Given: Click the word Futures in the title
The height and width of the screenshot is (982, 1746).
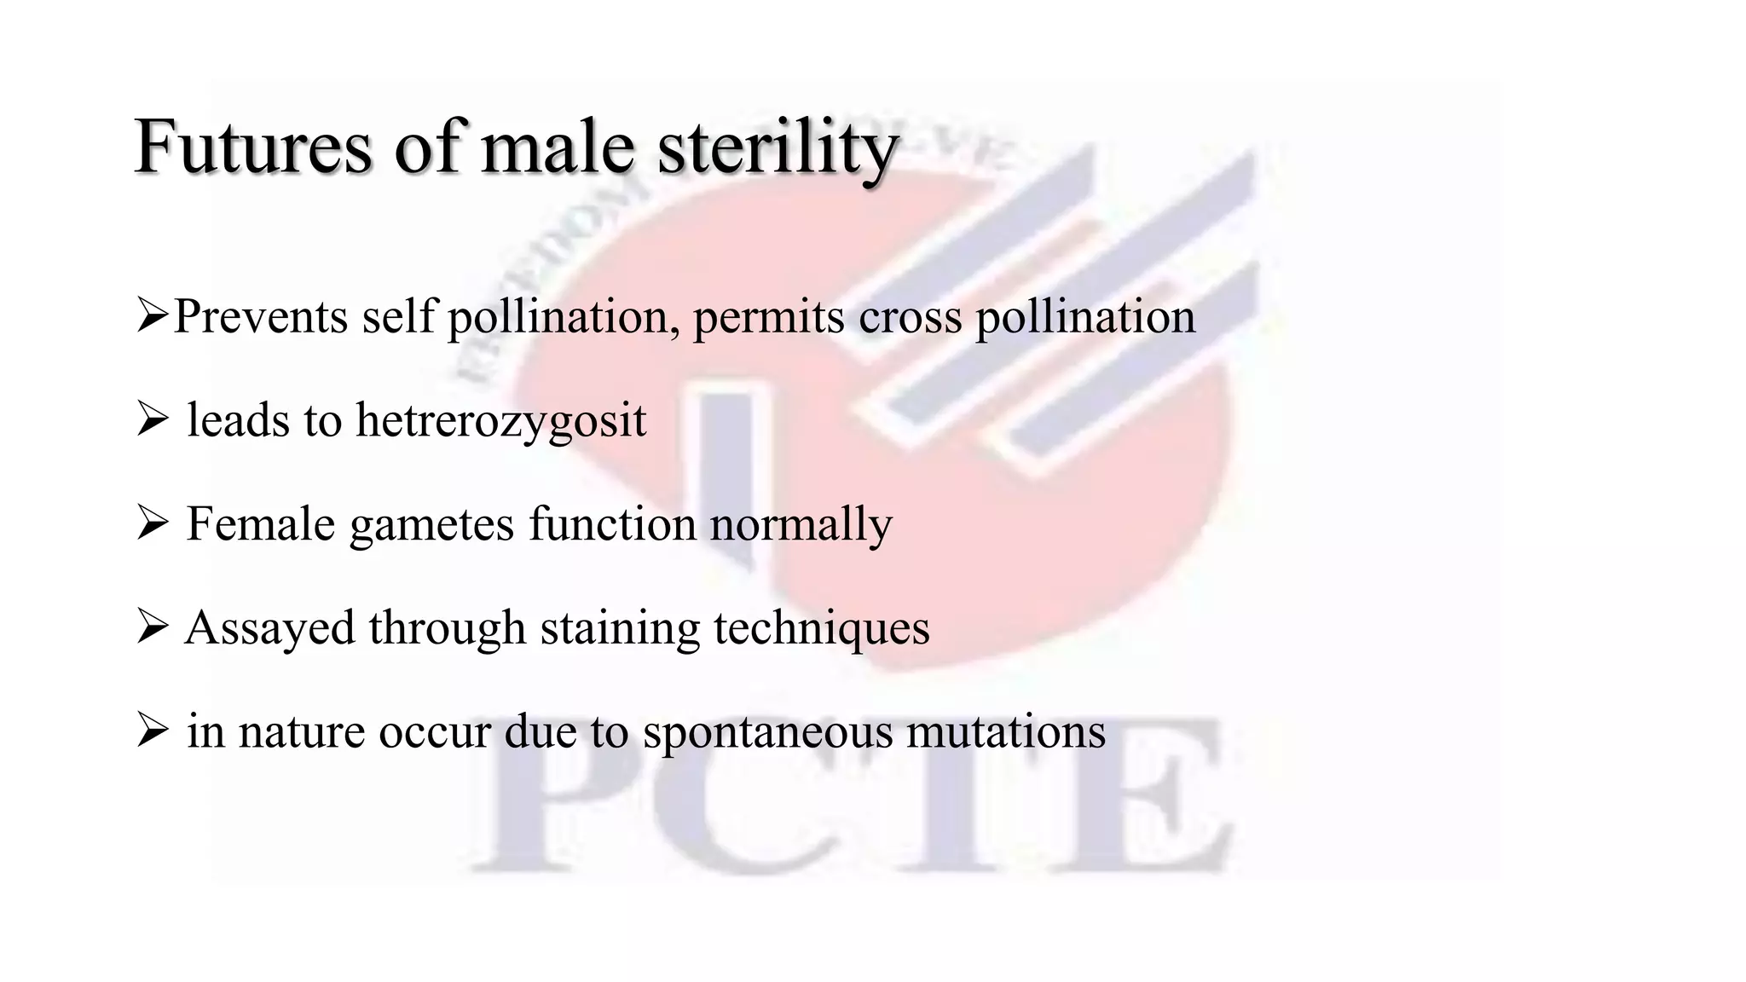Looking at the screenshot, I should [253, 147].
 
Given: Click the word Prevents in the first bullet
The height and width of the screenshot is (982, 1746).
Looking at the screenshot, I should [260, 316].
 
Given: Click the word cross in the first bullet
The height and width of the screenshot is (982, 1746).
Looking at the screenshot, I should [910, 316].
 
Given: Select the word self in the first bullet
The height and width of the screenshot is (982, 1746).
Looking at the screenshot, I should [398, 316].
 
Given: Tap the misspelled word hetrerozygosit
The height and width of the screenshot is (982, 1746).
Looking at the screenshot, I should [500, 421].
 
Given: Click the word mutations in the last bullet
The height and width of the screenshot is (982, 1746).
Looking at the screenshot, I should [1005, 731].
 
